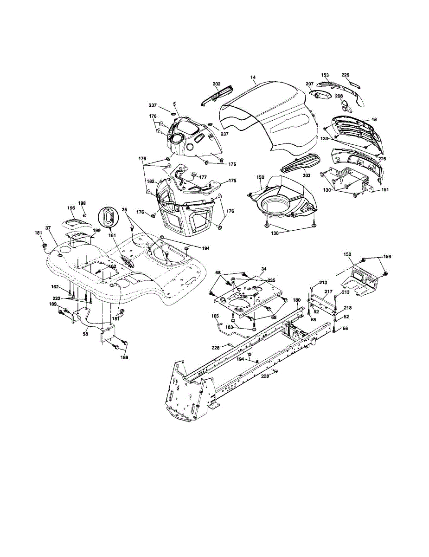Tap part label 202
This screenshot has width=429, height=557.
coord(217,84)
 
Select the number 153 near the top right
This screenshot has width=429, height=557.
coord(325,75)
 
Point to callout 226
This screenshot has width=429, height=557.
coord(345,75)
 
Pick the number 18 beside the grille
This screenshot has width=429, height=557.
coord(374,120)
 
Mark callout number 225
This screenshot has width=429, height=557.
coord(382,158)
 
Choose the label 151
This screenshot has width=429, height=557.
coord(385,189)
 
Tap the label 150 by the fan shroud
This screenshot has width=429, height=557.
coord(260,177)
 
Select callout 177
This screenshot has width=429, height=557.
coord(203,177)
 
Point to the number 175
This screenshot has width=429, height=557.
coord(232,181)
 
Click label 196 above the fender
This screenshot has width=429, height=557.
coord(71,208)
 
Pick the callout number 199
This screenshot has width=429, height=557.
coord(96,230)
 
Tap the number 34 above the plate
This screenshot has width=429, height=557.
coord(264,269)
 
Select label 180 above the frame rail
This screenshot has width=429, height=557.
coord(297,300)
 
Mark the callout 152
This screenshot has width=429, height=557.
coord(347,254)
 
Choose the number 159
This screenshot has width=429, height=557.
coord(387,257)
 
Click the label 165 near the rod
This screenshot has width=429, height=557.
coord(215,316)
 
